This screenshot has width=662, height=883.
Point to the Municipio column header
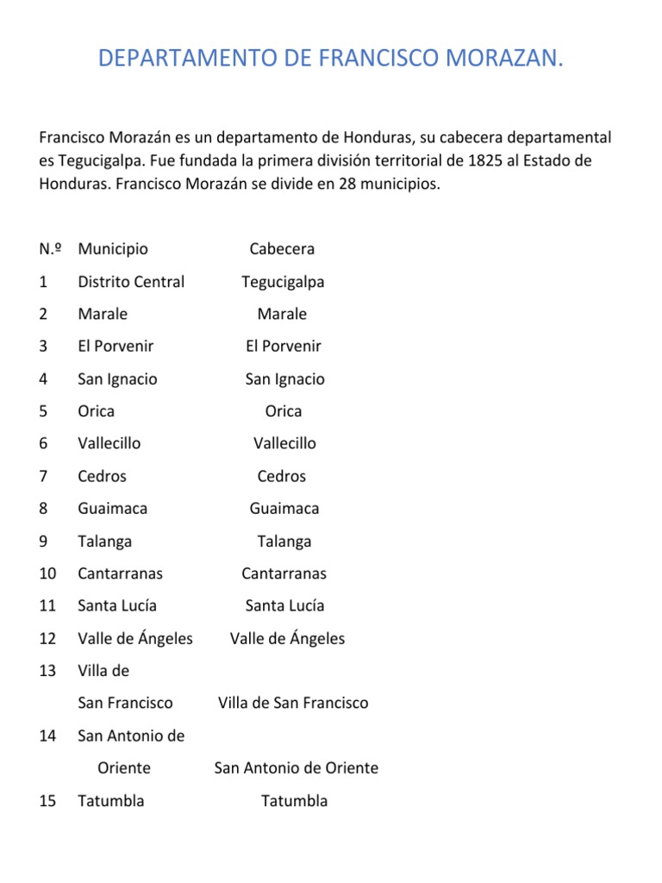coord(113,249)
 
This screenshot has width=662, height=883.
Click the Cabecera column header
coord(282,249)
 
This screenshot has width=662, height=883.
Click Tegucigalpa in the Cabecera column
coord(283,282)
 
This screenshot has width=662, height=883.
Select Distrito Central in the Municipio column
coord(131,282)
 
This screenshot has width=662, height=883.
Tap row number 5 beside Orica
coord(43,411)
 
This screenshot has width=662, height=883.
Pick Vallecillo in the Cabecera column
coord(284,443)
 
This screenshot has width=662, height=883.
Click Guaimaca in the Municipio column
coord(112,509)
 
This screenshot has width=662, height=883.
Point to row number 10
coord(47,573)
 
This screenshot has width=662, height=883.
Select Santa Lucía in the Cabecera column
coord(284,606)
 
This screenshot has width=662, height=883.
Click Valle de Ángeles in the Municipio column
coord(135,639)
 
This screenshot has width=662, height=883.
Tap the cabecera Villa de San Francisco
coord(293,703)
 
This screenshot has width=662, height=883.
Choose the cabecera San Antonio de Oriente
coord(296,768)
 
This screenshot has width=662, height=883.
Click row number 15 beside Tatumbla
coord(47,801)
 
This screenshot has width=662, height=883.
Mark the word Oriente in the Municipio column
coord(124,768)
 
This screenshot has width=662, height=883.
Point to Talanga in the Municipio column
coord(105,542)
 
